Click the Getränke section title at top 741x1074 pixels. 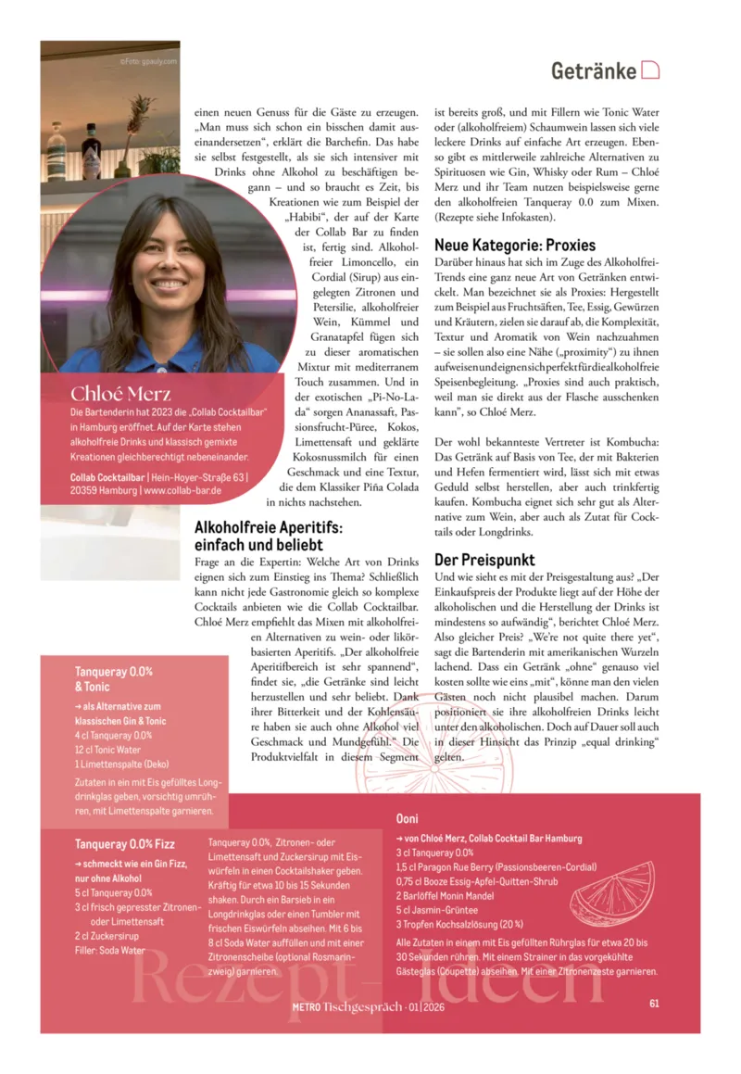click(x=593, y=71)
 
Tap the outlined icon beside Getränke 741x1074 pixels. click(x=650, y=70)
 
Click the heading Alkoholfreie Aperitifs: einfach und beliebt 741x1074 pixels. click(x=268, y=536)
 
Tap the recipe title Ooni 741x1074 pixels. click(x=407, y=819)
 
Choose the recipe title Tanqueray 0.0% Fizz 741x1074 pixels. click(x=124, y=844)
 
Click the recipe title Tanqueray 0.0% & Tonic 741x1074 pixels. click(x=113, y=679)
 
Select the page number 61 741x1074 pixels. click(x=654, y=1003)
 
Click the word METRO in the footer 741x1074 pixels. click(x=306, y=1006)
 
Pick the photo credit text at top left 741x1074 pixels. click(x=149, y=62)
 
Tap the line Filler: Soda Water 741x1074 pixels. click(x=110, y=951)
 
